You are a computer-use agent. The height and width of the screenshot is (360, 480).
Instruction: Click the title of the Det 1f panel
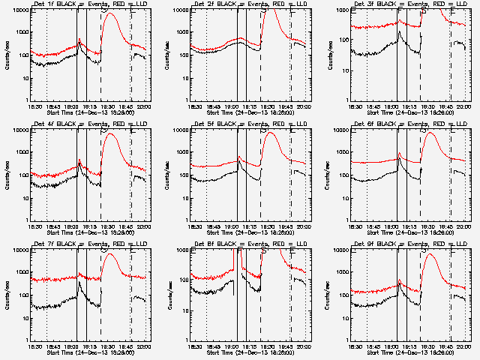[90, 4]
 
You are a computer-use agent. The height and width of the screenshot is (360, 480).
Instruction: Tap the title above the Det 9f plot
[410, 244]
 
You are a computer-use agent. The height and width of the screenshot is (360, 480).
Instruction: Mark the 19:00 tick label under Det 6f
[391, 226]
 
